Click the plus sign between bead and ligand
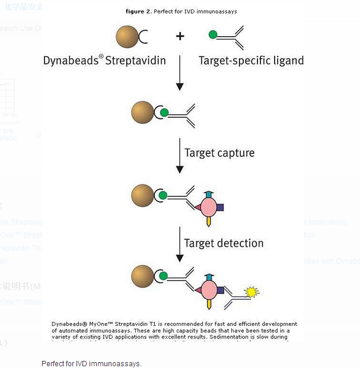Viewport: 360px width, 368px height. coord(180,36)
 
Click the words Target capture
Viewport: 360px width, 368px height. coord(219,153)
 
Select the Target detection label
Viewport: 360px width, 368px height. coord(224,243)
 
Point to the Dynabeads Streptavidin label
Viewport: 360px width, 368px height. coord(104,60)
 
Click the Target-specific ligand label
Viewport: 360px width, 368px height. coord(251,60)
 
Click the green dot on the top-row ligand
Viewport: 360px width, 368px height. coord(212,35)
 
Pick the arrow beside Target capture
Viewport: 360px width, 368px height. coord(179,156)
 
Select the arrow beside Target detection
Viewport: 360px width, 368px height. coord(179,244)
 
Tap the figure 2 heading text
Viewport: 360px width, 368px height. coord(181,11)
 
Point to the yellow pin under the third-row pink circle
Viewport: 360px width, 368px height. coord(209,221)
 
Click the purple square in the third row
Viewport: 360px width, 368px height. coord(220,207)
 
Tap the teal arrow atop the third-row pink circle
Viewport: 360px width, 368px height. coord(209,194)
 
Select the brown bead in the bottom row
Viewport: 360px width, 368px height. coord(143,276)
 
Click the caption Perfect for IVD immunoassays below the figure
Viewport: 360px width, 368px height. coord(91,363)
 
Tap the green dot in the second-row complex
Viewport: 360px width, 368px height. coord(164,112)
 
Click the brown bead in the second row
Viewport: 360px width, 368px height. coord(143,112)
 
